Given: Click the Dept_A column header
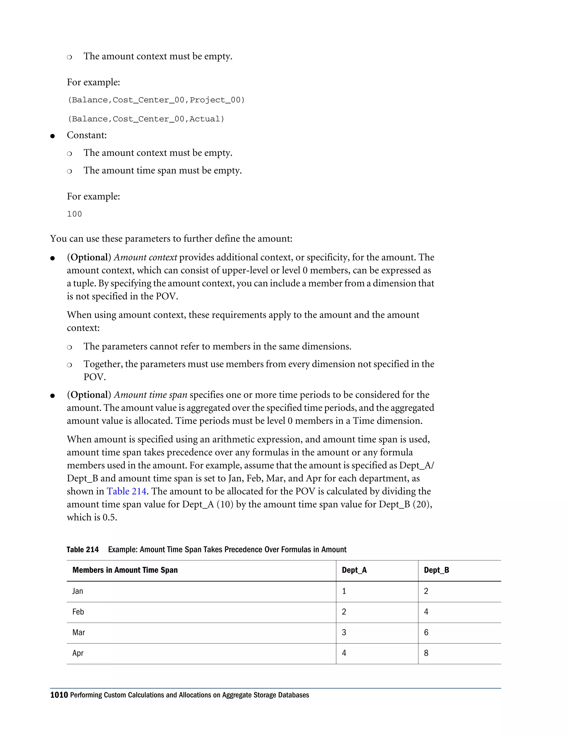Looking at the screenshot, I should click(354, 570).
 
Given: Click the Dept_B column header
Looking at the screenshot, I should click(437, 570).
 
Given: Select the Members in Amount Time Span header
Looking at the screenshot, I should click(125, 570).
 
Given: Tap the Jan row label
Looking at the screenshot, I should click(77, 591).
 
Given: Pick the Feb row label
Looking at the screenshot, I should click(78, 612).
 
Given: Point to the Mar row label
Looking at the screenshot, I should click(78, 633).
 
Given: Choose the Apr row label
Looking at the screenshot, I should click(78, 653).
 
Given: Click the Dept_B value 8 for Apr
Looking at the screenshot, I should click(426, 653).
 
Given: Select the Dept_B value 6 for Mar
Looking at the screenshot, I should click(426, 633).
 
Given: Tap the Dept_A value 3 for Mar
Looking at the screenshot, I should click(344, 633).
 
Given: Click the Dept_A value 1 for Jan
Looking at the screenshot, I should click(344, 591).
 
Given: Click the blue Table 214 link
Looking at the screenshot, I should click(126, 491).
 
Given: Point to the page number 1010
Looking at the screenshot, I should click(59, 695).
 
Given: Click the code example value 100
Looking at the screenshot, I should click(74, 214).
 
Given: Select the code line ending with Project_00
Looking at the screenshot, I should click(156, 100).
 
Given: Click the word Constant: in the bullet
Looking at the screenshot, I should click(87, 135).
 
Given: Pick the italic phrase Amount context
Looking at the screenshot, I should click(145, 257).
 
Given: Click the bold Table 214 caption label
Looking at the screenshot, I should click(82, 549).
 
